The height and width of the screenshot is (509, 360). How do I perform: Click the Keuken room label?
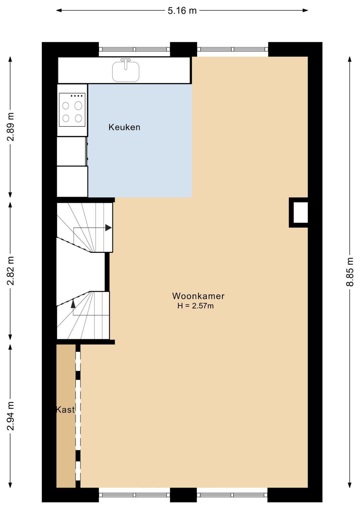pos(124,127)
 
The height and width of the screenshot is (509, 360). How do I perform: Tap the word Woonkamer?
pos(198,296)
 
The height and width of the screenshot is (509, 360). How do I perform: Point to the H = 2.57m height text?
pos(196,306)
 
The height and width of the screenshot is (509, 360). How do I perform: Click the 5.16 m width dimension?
pos(182,10)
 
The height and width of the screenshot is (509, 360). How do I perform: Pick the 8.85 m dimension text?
pos(350,272)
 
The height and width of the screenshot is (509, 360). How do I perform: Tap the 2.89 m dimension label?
pos(10,126)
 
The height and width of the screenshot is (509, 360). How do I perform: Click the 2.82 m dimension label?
pos(10,271)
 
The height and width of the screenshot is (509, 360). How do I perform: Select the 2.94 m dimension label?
pos(10,416)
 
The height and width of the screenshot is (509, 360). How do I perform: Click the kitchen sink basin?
pos(126,72)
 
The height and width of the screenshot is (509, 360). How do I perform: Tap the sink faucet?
pos(126,64)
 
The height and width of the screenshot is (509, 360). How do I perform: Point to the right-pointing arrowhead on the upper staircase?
pos(108,228)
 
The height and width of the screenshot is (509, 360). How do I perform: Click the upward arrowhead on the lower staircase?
pos(73,304)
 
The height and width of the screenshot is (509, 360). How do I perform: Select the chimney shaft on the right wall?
pos(299,212)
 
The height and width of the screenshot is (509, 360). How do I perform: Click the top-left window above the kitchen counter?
pos(134,49)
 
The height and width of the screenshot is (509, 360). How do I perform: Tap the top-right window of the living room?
pos(233,49)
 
